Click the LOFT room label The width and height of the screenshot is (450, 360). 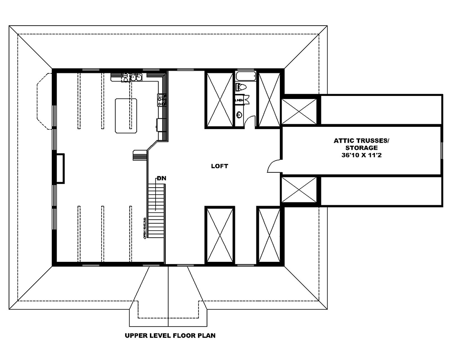pos(220,166)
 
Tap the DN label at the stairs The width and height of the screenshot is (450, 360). pos(161,178)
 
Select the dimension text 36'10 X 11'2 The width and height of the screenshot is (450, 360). pos(362,155)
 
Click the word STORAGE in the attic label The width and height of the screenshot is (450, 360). pos(361,148)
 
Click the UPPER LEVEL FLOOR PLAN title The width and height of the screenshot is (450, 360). pos(170,335)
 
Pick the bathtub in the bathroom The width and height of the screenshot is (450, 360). pos(246,76)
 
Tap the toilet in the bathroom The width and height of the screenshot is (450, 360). pos(241,87)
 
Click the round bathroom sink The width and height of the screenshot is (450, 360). pos(239,114)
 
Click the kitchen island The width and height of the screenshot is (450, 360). pos(126,115)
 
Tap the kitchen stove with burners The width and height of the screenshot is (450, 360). pos(161,99)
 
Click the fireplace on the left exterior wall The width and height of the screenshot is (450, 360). pos(59,168)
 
